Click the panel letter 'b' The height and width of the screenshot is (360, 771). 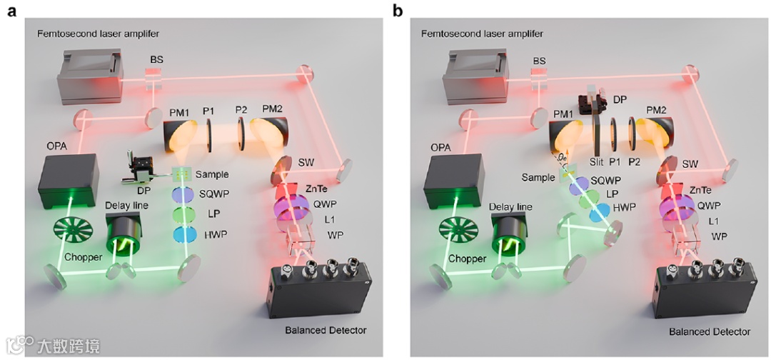tap(397, 11)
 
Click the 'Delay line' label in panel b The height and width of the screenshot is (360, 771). tap(510, 207)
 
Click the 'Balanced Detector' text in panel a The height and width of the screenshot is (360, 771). tap(326, 330)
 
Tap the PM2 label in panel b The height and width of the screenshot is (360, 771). tap(660, 110)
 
